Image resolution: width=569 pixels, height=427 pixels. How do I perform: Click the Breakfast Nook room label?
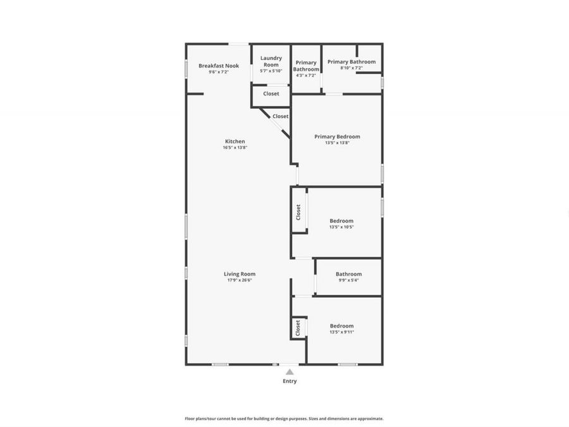pyautogui.click(x=219, y=66)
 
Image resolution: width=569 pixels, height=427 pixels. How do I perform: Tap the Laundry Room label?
pyautogui.click(x=271, y=61)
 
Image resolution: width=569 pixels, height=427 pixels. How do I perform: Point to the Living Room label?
pyautogui.click(x=240, y=274)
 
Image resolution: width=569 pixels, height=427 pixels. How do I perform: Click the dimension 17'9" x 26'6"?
pyautogui.click(x=240, y=280)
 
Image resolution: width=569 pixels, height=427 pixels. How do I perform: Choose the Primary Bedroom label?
pyautogui.click(x=338, y=137)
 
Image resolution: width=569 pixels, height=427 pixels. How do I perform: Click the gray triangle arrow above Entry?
pyautogui.click(x=290, y=372)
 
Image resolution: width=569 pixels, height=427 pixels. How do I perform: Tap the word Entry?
pyautogui.click(x=290, y=381)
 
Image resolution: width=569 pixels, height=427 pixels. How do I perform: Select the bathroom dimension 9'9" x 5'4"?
pyautogui.click(x=349, y=280)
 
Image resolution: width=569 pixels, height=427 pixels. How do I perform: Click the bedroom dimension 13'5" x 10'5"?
pyautogui.click(x=341, y=227)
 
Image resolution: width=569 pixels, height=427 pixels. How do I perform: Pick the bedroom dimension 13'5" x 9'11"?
pyautogui.click(x=341, y=332)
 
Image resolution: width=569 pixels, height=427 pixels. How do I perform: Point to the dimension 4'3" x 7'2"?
pyautogui.click(x=306, y=75)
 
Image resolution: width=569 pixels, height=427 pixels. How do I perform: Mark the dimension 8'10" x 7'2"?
pyautogui.click(x=352, y=68)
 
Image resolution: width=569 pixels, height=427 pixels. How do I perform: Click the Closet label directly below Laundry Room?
pyautogui.click(x=271, y=94)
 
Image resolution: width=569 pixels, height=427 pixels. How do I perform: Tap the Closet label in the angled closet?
pyautogui.click(x=281, y=116)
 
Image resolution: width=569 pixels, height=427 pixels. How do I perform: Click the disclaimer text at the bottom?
pyautogui.click(x=284, y=419)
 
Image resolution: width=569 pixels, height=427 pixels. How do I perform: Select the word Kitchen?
pyautogui.click(x=235, y=142)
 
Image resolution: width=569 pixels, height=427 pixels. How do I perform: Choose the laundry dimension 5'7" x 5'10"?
pyautogui.click(x=271, y=71)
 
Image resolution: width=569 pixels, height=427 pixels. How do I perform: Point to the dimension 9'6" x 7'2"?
pyautogui.click(x=219, y=72)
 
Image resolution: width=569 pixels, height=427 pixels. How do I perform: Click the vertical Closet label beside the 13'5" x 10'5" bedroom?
pyautogui.click(x=298, y=212)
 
